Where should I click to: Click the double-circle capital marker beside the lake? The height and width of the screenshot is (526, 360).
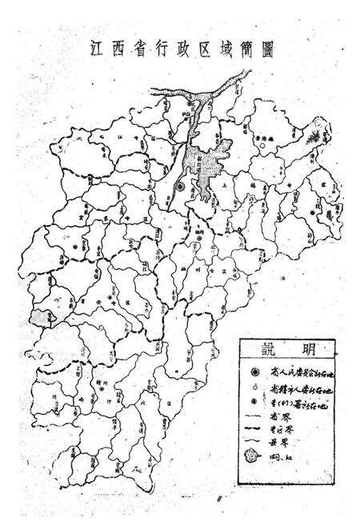[x=181, y=186]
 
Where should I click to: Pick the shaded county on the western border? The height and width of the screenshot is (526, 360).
[x=37, y=318]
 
